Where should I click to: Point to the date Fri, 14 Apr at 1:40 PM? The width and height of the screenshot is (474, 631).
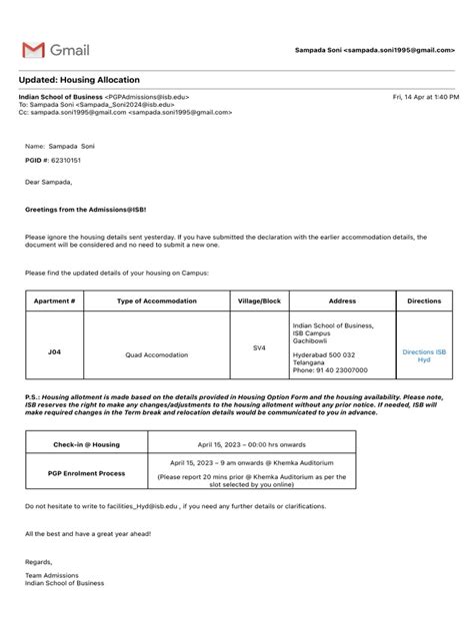pos(426,97)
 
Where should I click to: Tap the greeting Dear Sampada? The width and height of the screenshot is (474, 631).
pos(49,182)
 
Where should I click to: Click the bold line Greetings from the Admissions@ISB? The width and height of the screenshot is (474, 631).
pos(84,211)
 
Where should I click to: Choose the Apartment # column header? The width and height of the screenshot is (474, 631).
pos(54,301)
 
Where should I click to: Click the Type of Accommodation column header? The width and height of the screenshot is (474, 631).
pos(156,301)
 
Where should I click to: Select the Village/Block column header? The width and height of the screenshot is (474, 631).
pos(259,301)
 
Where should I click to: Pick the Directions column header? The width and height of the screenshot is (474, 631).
pos(424,301)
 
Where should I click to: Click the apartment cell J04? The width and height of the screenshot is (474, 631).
pos(54,352)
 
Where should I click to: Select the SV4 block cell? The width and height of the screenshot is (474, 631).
pos(259,347)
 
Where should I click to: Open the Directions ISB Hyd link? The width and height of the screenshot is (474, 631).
pos(424,356)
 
